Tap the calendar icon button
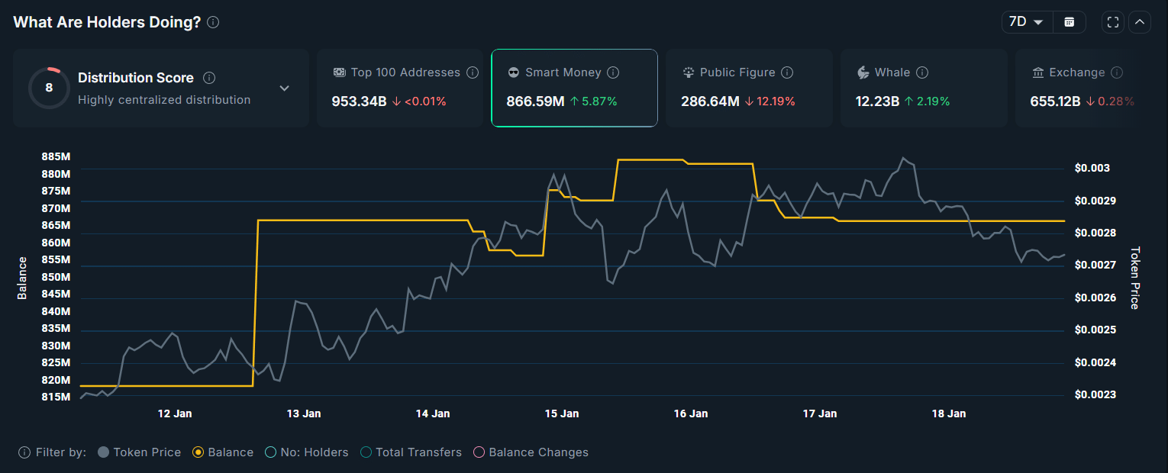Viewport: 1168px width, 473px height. click(1070, 22)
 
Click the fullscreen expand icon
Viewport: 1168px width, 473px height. click(1113, 22)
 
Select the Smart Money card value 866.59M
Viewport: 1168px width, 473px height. click(534, 101)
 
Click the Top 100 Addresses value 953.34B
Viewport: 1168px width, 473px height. click(359, 101)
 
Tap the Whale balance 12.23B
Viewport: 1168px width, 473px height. click(877, 101)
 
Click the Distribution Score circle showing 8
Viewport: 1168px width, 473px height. click(49, 88)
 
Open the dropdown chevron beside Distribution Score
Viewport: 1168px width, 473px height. click(284, 88)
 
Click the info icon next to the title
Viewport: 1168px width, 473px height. click(213, 22)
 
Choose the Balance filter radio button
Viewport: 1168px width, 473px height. click(198, 452)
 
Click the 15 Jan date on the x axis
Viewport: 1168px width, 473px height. click(561, 413)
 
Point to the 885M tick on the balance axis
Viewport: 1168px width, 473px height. click(56, 156)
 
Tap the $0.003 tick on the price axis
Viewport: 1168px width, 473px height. click(1092, 168)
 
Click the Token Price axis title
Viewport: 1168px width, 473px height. click(1134, 278)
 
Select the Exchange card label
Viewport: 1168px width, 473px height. click(1076, 72)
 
